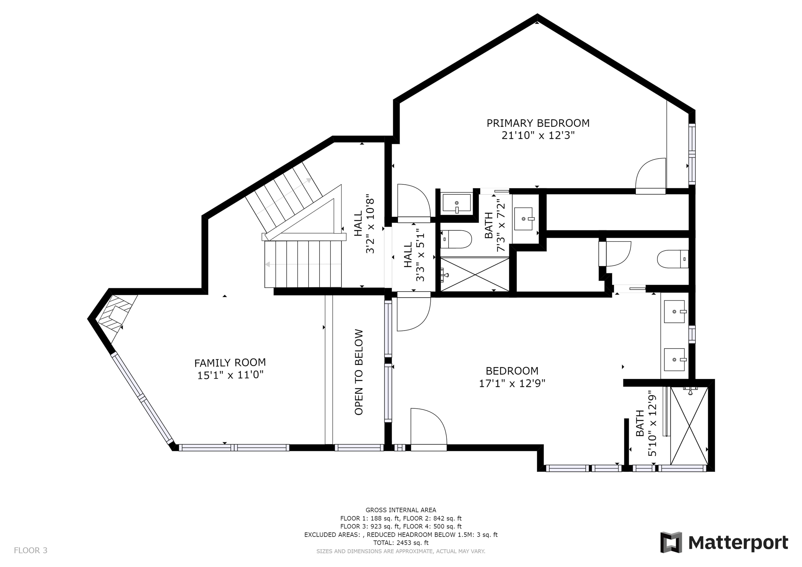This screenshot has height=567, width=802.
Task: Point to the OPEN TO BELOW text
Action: tap(359, 372)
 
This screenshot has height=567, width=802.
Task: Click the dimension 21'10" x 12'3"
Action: tap(538, 136)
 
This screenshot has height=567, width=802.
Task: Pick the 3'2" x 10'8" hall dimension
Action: tap(370, 226)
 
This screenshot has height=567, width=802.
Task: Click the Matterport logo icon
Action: tap(671, 543)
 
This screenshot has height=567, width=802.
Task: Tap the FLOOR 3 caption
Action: tap(30, 551)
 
